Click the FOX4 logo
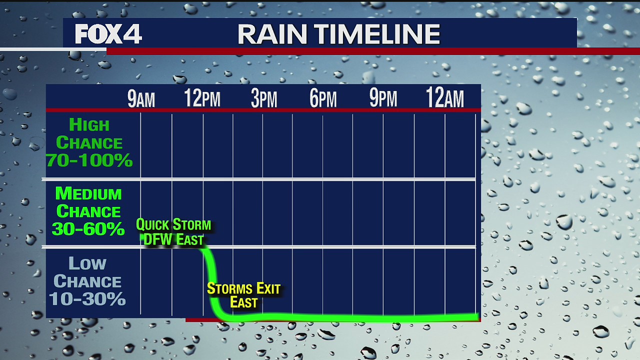108,34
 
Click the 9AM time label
141,99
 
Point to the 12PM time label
202,98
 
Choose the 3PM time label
263,99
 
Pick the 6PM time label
323,99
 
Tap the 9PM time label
383,98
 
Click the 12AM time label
444,98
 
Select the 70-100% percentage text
89,160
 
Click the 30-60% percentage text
88,229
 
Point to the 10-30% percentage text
87,299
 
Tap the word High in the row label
89,125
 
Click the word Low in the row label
87,263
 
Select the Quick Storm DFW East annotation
173,232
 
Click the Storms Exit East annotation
243,295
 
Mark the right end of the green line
476,316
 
